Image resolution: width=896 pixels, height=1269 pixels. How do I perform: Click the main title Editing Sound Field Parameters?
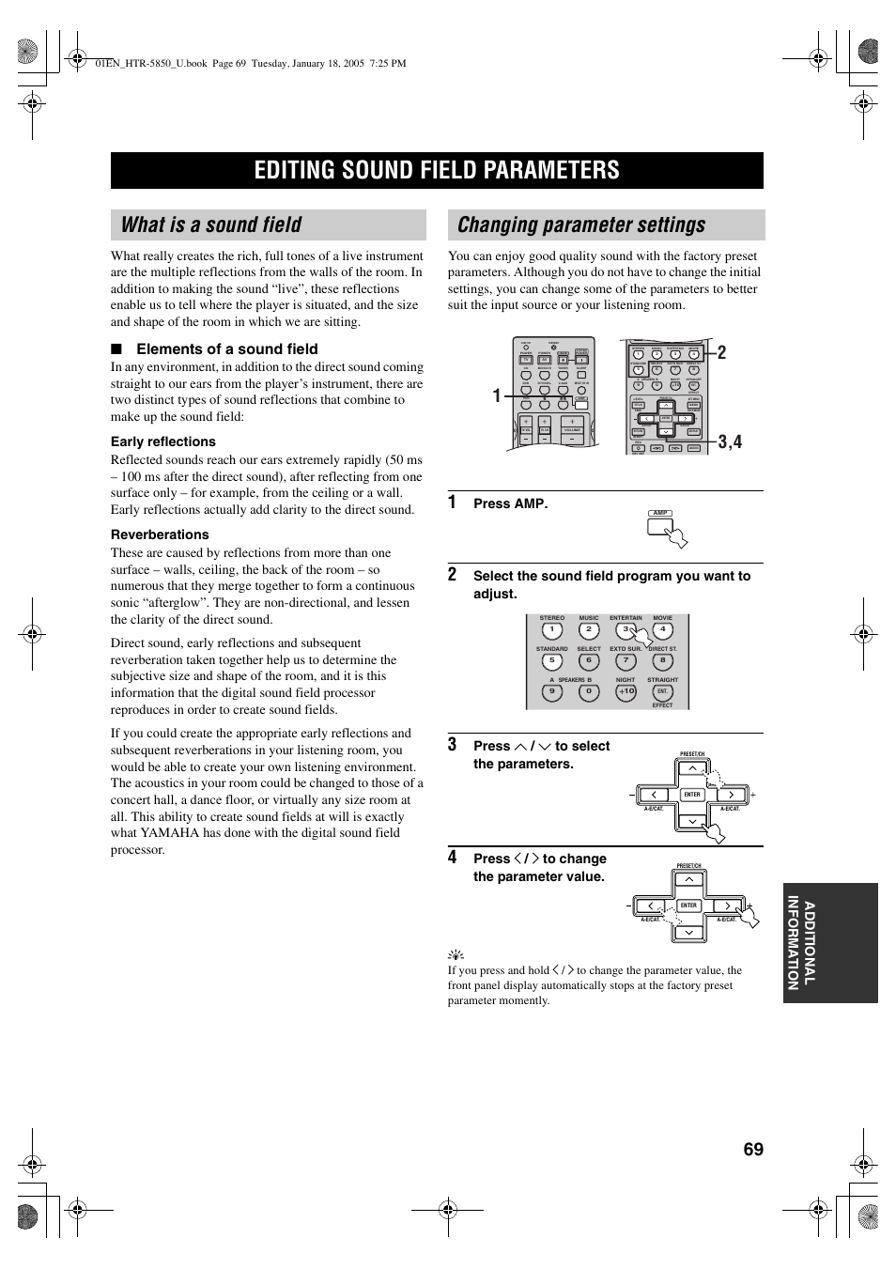tap(437, 170)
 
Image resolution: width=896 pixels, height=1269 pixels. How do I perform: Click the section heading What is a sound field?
tap(211, 225)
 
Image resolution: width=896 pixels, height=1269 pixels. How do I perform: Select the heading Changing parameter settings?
tap(581, 225)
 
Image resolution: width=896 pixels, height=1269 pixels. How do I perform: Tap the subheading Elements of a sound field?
tap(226, 348)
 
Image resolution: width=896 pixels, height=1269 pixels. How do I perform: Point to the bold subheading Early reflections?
tap(163, 441)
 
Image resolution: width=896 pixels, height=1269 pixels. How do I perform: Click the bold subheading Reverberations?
tap(160, 534)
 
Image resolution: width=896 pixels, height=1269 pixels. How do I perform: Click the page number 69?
tap(753, 1150)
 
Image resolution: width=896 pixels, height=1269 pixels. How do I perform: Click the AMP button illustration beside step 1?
tap(660, 526)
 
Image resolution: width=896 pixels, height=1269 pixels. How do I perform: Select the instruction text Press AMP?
tap(510, 503)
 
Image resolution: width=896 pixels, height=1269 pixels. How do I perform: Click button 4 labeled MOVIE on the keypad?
tap(662, 630)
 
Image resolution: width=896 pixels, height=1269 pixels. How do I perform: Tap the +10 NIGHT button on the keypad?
tap(626, 691)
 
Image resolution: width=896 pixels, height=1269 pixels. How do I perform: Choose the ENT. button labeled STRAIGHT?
tap(662, 691)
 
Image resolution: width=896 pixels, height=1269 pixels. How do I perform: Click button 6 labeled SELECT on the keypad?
tap(589, 660)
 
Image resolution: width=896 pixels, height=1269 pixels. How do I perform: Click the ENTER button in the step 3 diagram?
tap(692, 795)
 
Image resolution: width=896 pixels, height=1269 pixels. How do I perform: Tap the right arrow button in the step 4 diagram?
tap(727, 906)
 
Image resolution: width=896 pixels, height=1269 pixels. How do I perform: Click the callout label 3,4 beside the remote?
tap(731, 441)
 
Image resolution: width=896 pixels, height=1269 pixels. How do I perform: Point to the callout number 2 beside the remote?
tap(721, 353)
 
